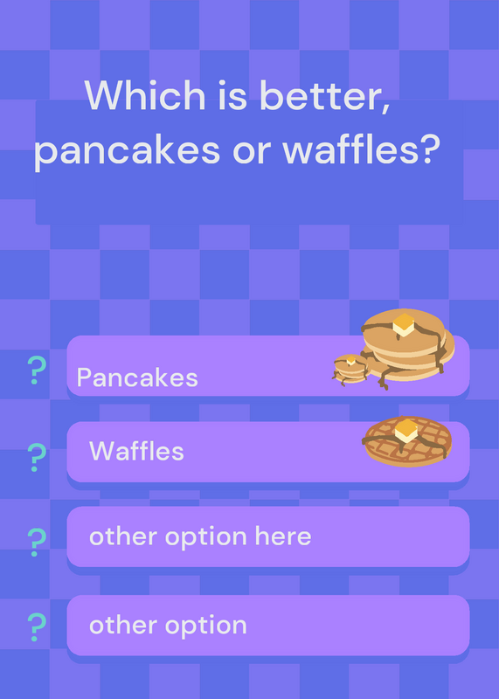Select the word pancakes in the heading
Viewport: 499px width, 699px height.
coord(127,150)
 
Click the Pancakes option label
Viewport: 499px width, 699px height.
coord(137,377)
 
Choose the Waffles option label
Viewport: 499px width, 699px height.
coord(136,451)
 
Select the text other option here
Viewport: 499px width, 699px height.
coord(200,536)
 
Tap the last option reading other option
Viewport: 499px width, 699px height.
coord(168,625)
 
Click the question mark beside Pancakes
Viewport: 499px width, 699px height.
coord(37,370)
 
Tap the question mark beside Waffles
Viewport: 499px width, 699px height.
coord(37,458)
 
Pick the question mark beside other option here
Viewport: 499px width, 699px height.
coord(37,543)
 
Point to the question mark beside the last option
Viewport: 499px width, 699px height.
coord(37,627)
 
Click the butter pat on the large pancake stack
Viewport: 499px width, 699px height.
coord(404,325)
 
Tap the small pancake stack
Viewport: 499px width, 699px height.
coord(351,369)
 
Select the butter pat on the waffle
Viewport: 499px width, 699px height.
coord(405,430)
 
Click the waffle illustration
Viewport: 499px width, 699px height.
coord(406,441)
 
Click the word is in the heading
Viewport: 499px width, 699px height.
coord(232,95)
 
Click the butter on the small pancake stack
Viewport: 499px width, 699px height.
coord(351,360)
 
